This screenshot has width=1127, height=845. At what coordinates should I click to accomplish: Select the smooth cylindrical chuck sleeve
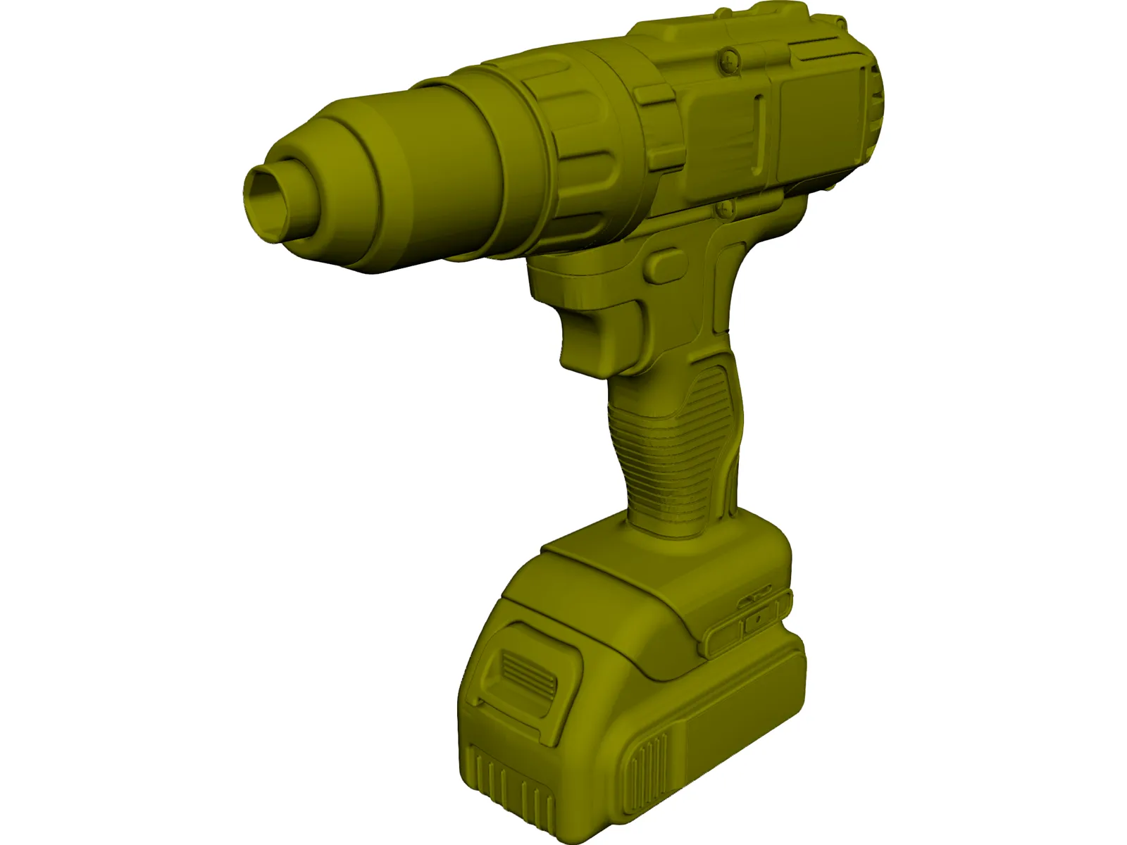coord(465,169)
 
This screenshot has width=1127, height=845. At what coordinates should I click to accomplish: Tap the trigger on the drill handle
coord(599,331)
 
